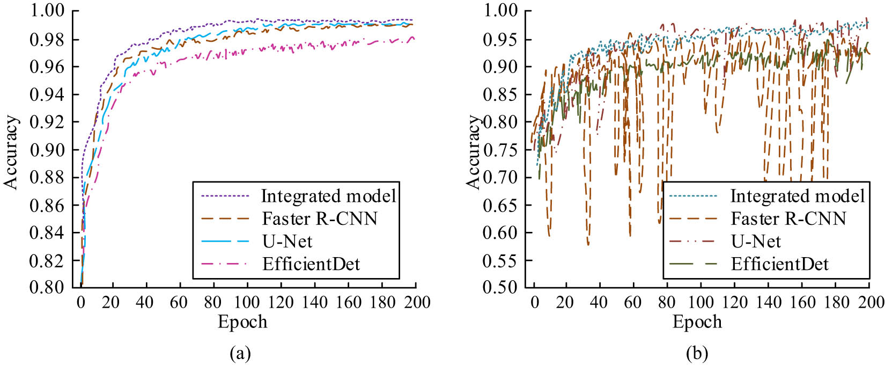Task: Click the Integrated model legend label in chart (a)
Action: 328,196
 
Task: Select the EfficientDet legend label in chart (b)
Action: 779,264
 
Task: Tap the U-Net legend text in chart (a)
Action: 286,242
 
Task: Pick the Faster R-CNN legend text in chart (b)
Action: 788,219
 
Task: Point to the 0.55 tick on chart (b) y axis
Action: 501,260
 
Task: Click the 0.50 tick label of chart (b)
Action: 501,287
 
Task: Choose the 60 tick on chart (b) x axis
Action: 633,303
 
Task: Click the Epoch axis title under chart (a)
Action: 242,322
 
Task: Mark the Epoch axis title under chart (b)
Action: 697,322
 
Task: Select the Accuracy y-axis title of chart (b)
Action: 473,152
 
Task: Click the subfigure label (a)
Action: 240,354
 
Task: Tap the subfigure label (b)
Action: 697,354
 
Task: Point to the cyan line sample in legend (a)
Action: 225,242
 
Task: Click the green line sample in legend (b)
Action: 693,264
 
